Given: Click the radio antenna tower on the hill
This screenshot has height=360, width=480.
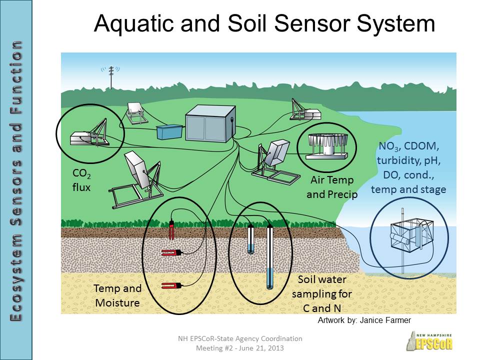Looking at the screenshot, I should point(111,75).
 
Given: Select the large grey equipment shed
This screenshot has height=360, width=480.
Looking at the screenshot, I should point(208,125).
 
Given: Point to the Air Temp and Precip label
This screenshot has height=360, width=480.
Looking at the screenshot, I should point(332,187).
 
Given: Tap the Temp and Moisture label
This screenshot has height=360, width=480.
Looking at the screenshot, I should point(118,295).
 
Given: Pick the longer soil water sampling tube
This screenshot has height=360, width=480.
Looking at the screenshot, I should point(270,257).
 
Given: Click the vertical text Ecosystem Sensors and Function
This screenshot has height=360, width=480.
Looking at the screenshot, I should point(16,180).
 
